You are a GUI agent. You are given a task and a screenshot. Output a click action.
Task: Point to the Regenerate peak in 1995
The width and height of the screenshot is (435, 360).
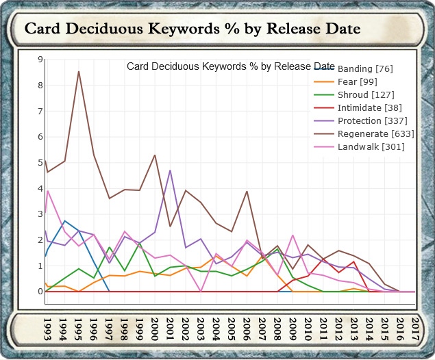point(79,71)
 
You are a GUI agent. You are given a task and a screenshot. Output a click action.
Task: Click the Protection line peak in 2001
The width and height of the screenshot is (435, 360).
point(170,170)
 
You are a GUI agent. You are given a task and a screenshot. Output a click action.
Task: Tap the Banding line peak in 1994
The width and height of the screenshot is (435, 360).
point(64,221)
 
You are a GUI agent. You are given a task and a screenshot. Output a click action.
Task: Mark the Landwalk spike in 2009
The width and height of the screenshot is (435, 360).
point(293,235)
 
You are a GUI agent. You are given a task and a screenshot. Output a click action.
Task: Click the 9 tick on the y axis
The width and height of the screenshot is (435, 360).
point(40,60)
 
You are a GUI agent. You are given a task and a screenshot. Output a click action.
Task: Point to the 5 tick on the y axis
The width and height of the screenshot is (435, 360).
point(40,163)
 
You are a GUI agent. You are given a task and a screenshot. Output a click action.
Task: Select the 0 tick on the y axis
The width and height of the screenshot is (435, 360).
point(40,292)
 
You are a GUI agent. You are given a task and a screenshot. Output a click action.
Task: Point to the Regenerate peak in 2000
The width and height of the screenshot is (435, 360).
point(155,155)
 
